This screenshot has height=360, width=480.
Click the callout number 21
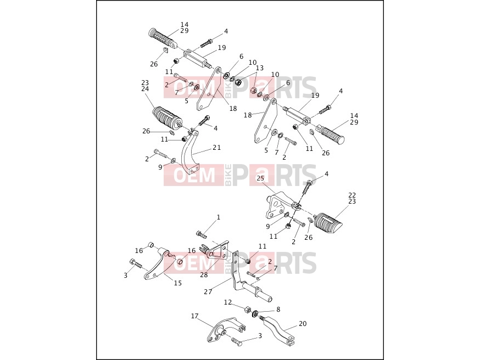click(217, 148)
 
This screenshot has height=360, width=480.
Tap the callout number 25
click(260, 178)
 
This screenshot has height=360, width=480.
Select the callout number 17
click(195, 316)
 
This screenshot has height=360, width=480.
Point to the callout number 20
click(303, 324)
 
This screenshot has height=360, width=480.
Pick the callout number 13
click(260, 68)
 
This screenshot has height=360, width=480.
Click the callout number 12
click(228, 302)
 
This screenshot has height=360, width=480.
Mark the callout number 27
click(208, 292)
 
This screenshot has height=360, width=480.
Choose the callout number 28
click(204, 274)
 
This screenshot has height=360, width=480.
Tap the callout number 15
click(178, 283)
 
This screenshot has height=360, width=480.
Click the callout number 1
click(219, 217)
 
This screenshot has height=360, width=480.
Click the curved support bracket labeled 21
click(189, 151)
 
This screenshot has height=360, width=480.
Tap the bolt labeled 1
click(202, 235)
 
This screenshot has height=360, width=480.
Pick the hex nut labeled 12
click(247, 309)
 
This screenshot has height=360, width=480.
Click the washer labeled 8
click(255, 314)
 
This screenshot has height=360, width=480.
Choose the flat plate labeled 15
click(157, 263)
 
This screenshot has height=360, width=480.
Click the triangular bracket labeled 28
click(217, 250)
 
